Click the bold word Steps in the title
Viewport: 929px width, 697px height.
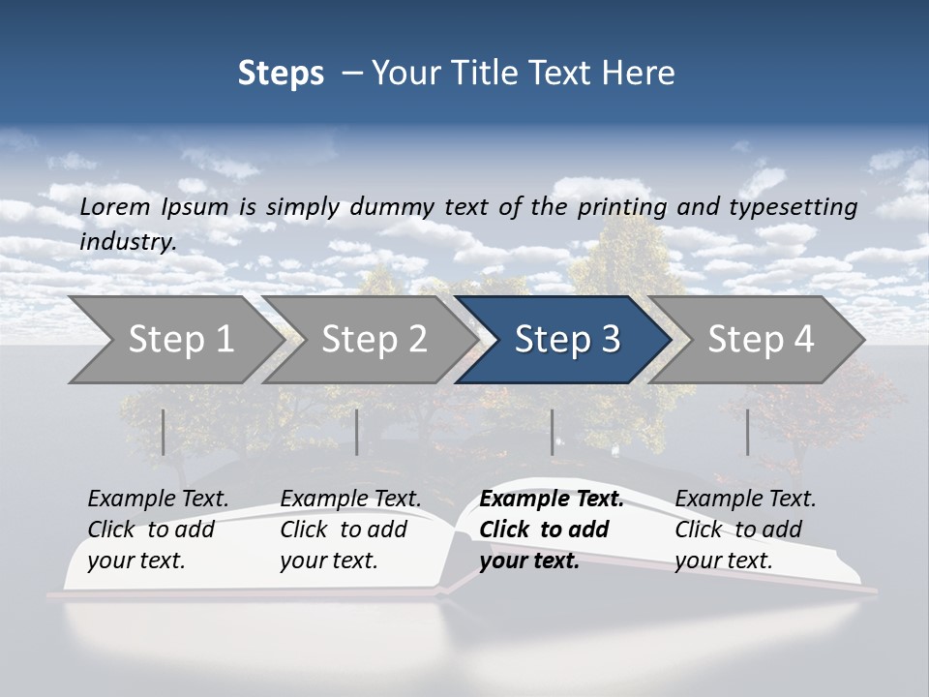click(281, 74)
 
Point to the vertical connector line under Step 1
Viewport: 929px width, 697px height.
click(164, 432)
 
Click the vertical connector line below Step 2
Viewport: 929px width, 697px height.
click(357, 432)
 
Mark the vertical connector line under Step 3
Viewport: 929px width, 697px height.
click(553, 432)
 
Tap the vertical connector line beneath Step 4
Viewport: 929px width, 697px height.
click(747, 432)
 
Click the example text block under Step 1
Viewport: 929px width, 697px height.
click(158, 530)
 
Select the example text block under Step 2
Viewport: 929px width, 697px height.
click(350, 530)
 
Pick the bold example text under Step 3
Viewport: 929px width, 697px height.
click(552, 530)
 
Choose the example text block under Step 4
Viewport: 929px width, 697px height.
click(745, 530)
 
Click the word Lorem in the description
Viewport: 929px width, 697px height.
click(115, 207)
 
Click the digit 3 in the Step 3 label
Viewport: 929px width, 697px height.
click(610, 340)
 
